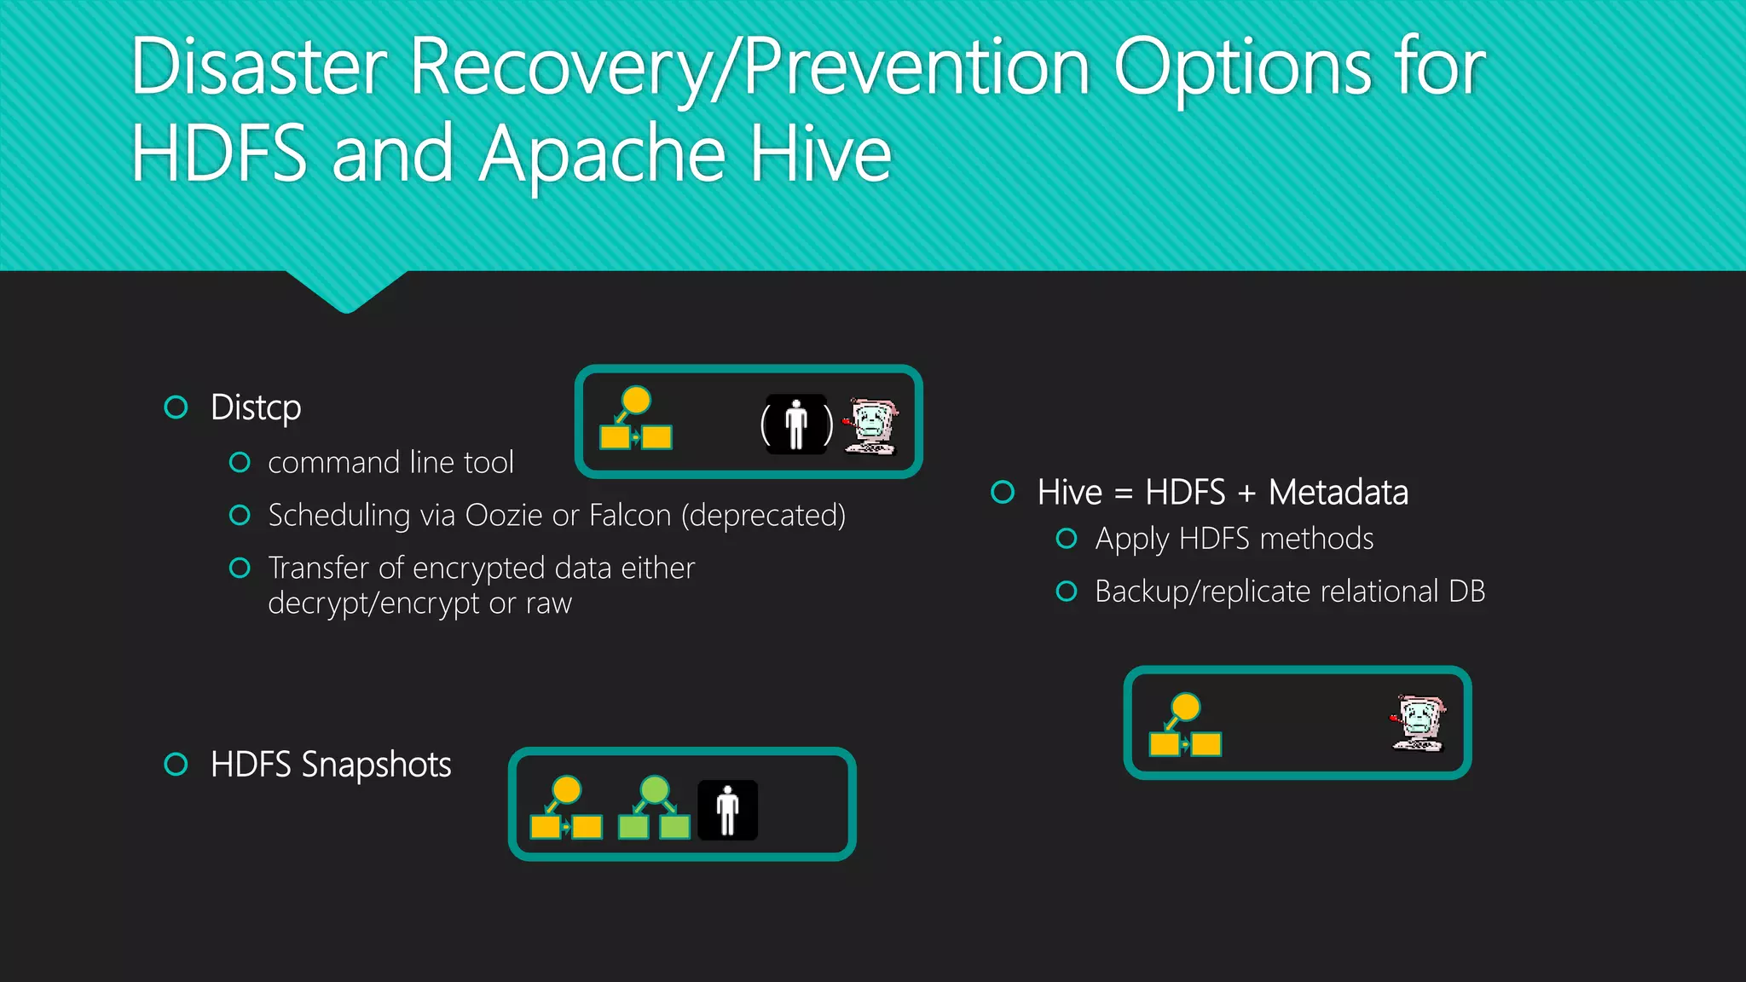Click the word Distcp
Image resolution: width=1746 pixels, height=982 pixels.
[256, 408]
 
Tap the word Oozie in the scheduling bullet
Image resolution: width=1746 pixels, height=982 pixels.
[503, 516]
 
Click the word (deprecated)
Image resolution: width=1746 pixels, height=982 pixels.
[763, 516]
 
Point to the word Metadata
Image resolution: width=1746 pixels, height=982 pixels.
[1338, 493]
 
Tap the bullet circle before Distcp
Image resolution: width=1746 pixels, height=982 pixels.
[176, 407]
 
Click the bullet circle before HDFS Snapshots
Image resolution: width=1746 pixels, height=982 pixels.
[176, 764]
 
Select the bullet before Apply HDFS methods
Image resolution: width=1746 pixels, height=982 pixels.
[1066, 539]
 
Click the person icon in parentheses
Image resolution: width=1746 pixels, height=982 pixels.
[796, 424]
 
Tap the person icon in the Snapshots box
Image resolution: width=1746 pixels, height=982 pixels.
[727, 811]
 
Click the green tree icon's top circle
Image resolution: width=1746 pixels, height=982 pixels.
[654, 789]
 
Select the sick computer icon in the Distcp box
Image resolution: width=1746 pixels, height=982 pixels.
[870, 425]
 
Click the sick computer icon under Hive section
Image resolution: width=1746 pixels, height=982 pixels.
[1418, 723]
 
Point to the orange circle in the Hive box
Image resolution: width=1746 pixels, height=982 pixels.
[1185, 707]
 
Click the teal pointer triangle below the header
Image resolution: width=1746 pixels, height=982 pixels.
[346, 290]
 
